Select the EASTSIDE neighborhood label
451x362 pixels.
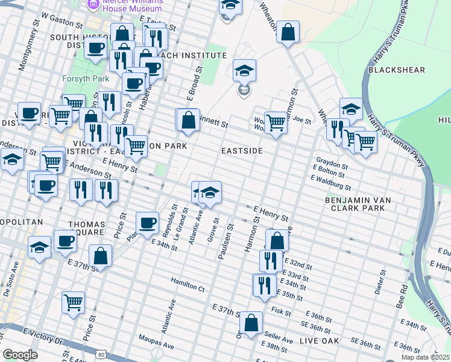point(242,151)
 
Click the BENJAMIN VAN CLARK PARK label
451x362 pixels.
point(355,203)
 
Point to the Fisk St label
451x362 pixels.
point(282,312)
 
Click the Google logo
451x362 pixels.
point(20,355)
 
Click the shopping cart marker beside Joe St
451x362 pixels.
point(276,122)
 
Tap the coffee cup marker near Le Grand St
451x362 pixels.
point(147,223)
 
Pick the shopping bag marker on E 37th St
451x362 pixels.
point(100,256)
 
